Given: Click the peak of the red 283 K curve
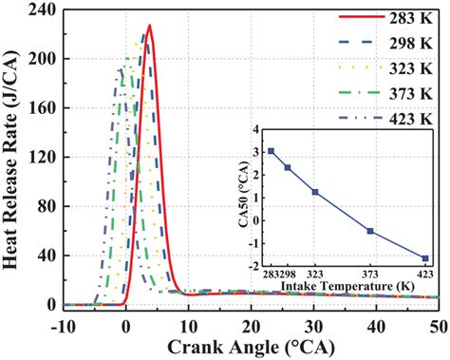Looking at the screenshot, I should [149, 26].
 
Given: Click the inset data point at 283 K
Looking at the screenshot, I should [272, 151].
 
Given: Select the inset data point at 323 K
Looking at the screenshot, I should [315, 192].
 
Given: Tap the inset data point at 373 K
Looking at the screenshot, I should [370, 231].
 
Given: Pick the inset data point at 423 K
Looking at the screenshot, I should [424, 258].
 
